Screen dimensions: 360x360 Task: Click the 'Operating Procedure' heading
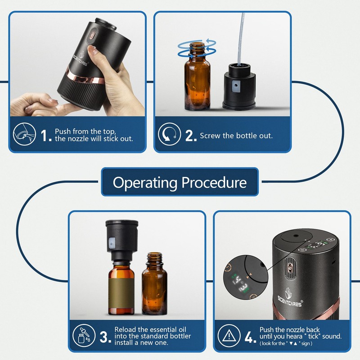click(180, 182)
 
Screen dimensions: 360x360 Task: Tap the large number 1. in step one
click(46, 135)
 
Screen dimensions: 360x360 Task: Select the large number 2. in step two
click(191, 135)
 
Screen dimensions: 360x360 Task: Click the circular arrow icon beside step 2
click(169, 135)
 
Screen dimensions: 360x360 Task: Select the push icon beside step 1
click(24, 135)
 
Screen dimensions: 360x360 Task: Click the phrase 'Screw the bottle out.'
click(236, 135)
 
